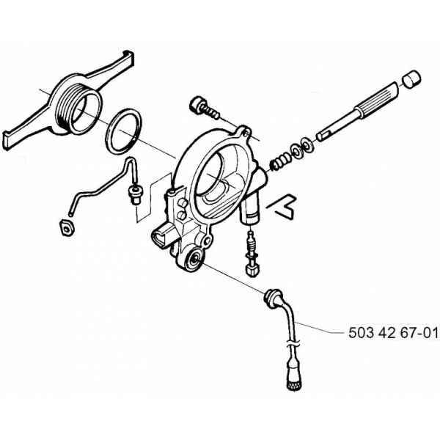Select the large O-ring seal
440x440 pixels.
[x=123, y=131]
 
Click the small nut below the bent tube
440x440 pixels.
[x=67, y=227]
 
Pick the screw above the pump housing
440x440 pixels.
[x=204, y=108]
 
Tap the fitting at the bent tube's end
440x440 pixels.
[x=135, y=192]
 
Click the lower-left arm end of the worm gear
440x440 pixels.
[x=7, y=139]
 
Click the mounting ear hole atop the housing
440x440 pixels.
[x=246, y=134]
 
